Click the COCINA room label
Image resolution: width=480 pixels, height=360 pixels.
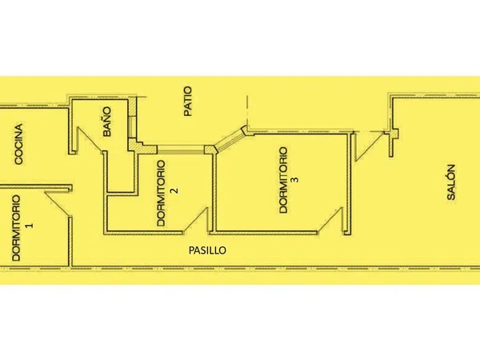pos(18,144)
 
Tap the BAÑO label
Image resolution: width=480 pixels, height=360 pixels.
pos(107,122)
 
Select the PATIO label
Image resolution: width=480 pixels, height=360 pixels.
pos(188,101)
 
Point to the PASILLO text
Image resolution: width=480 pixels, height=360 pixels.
pos(207,250)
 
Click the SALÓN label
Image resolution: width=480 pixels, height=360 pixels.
pos(451,182)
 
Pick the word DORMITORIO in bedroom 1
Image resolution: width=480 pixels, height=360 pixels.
pos(16,228)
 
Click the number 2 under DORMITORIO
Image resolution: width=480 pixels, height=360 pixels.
pos(174,190)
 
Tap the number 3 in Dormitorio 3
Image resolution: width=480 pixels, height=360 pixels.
pos(296,179)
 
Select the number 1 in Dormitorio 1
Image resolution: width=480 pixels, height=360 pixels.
pos(30,226)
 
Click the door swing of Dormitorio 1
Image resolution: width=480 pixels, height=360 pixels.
pos(58,205)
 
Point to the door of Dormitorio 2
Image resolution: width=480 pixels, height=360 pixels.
pos(196,219)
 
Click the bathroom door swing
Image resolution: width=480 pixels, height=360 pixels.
pos(90,139)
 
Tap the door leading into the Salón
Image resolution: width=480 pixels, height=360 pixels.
pos(369,146)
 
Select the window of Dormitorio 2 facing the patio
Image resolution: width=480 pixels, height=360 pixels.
pos(181,150)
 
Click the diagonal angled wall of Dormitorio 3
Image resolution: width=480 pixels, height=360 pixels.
pos(230,139)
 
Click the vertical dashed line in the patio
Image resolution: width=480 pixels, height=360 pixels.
pos(247,111)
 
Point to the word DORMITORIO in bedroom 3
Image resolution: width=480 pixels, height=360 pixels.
pos(283,180)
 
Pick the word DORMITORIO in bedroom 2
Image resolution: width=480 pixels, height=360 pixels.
pos(161,193)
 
